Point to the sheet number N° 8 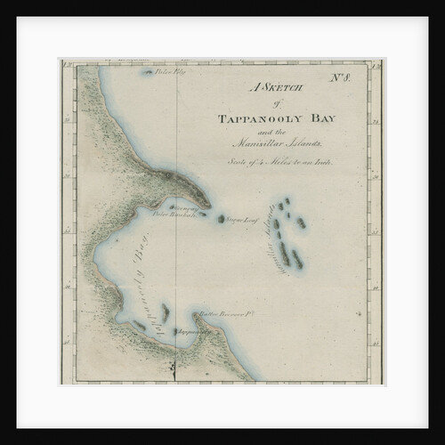click(x=341, y=77)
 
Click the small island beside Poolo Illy click(x=147, y=73)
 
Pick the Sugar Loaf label click(x=240, y=217)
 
